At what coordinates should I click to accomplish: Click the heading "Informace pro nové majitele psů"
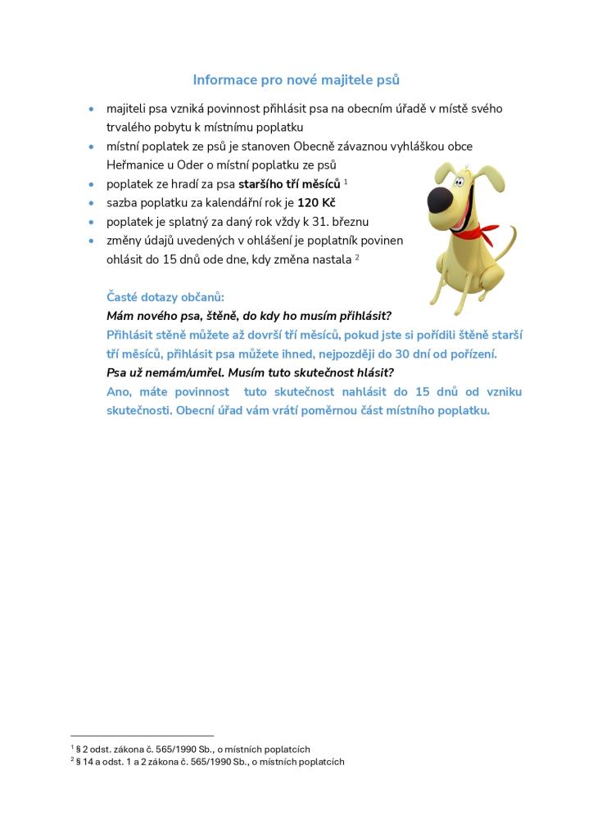(296, 79)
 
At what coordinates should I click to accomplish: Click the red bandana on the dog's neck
(469, 232)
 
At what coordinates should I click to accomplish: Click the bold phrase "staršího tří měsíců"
(288, 183)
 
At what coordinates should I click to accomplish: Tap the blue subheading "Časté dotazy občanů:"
(165, 296)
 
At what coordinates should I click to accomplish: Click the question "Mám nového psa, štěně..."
(249, 316)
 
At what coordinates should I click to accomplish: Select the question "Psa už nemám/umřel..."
(250, 372)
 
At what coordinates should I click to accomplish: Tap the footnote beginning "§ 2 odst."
(192, 749)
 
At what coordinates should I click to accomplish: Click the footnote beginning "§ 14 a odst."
(210, 762)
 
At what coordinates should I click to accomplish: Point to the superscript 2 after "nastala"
(357, 258)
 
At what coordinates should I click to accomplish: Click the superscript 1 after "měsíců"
(346, 181)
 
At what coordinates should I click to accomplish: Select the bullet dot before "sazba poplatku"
(92, 203)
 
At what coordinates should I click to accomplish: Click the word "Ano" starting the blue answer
(119, 392)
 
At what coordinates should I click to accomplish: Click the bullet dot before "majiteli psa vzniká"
(92, 109)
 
